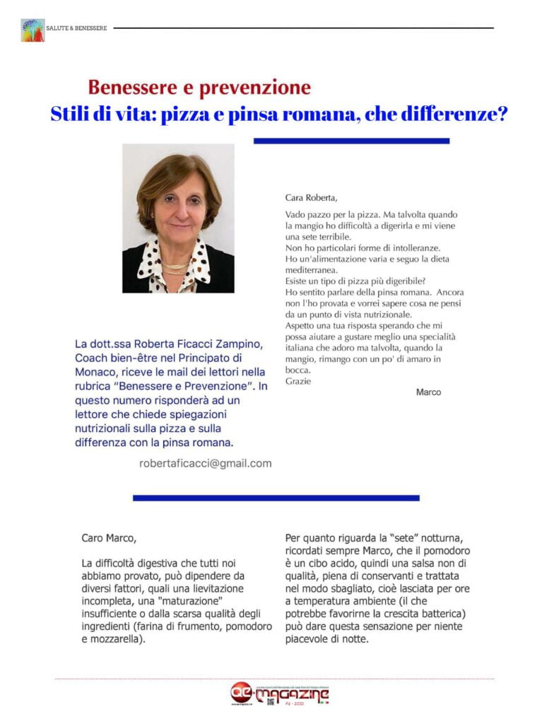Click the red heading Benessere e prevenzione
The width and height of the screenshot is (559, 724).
199,88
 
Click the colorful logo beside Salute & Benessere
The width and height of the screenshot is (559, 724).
33,30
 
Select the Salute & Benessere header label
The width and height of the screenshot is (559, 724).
76,28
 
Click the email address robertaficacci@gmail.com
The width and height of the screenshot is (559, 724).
206,463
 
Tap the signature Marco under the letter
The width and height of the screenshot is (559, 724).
428,392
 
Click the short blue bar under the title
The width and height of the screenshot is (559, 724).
351,141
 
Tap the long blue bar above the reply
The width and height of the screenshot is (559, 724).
276,498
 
